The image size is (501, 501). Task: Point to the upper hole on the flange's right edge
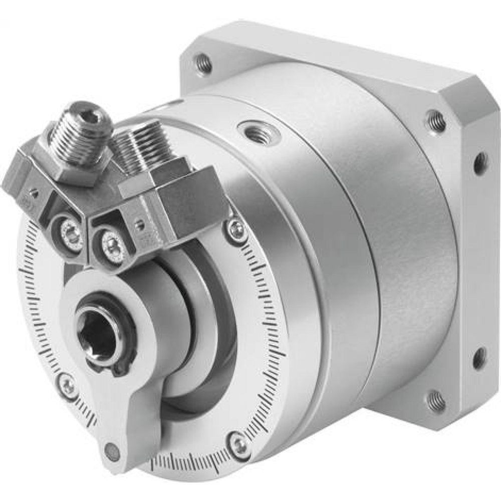point(479,162)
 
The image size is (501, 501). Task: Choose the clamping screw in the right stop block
point(111,244)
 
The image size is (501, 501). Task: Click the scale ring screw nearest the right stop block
point(235,228)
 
